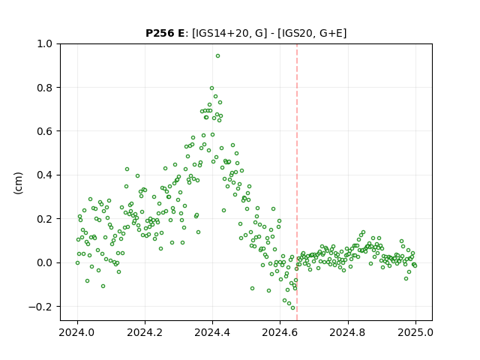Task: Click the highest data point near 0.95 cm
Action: pos(217,56)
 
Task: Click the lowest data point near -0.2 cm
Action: pos(293,308)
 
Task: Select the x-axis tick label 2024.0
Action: pos(77,332)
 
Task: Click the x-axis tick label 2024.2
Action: pos(145,332)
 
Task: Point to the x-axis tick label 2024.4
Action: pos(212,332)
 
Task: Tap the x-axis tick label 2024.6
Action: pos(280,332)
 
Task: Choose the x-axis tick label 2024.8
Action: pos(348,332)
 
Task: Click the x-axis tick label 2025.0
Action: pos(415,332)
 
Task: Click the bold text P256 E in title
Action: pos(165,33)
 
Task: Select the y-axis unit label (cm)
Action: pos(18,183)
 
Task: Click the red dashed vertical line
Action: pos(297,182)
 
